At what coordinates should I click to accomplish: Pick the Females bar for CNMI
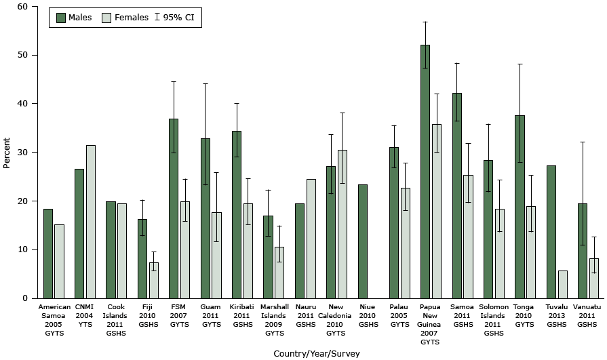tap(90, 222)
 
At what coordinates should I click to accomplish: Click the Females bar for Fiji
tap(153, 280)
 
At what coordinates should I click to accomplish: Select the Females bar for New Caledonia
tap(342, 224)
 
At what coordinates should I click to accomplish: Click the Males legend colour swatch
tap(61, 17)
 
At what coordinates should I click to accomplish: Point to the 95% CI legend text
tap(182, 17)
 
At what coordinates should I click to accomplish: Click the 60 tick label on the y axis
tap(24, 7)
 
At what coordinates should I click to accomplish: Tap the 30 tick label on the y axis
tap(24, 153)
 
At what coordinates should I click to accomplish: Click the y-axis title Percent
tap(7, 153)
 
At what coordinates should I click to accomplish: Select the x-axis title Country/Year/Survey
tap(316, 353)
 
